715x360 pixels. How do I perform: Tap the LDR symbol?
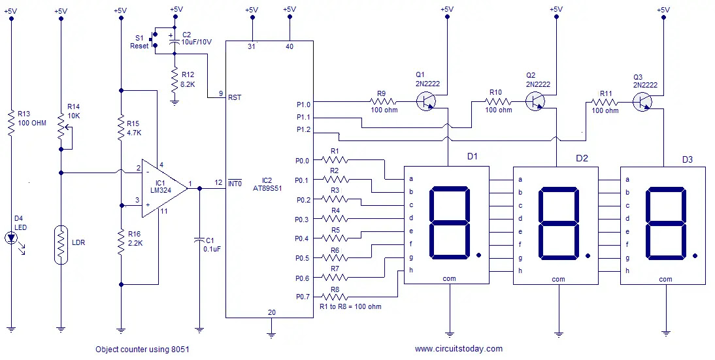click(61, 245)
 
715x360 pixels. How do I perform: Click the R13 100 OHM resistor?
click(11, 123)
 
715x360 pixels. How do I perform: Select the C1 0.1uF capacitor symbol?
click(199, 240)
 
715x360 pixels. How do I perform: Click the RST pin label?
click(235, 97)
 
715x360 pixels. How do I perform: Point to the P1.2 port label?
click(304, 129)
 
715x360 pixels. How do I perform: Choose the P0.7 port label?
click(303, 297)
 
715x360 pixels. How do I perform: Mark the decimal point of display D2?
click(588, 255)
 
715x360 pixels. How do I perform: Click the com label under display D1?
click(449, 278)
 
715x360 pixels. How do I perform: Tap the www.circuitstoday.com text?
click(459, 349)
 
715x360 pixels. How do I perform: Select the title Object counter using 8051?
click(142, 350)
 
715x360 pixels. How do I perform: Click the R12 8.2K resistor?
click(175, 79)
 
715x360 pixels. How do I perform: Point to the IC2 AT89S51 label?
click(268, 184)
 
